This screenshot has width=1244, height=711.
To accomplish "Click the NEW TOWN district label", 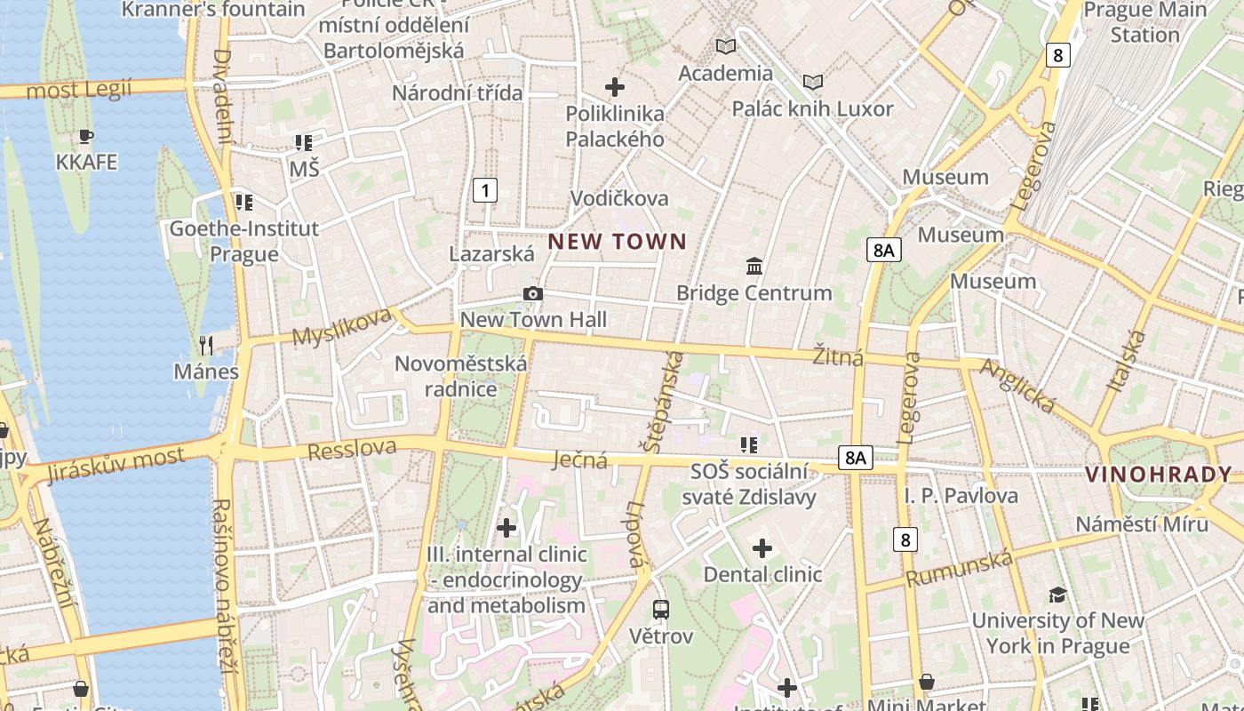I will [617, 241].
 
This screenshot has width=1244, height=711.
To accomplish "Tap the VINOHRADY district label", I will [1159, 475].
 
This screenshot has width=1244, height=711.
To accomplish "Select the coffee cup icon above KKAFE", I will [86, 137].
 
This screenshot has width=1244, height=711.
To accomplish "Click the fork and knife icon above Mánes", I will [206, 345].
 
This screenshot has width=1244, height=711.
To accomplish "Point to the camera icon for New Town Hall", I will [532, 294].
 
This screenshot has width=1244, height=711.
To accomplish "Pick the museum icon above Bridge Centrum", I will [754, 266].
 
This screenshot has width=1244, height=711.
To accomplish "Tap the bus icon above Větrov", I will [661, 610].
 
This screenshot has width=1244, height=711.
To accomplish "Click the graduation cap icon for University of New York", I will [1057, 594].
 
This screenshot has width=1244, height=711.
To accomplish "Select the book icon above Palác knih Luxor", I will [812, 83].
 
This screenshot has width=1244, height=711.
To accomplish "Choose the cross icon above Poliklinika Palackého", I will [614, 87].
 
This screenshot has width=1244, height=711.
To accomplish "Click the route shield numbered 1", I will [484, 189].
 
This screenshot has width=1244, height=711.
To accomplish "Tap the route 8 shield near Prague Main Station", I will [1057, 55].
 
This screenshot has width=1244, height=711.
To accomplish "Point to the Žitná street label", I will [838, 357].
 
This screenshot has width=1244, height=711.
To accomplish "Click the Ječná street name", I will [579, 459].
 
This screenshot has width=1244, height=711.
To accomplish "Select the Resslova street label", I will [352, 450].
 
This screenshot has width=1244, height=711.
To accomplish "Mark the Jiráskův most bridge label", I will [116, 465].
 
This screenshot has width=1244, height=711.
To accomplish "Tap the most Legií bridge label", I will [79, 89].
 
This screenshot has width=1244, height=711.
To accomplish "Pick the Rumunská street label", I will [960, 568].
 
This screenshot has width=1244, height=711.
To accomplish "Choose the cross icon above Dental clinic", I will [762, 547].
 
